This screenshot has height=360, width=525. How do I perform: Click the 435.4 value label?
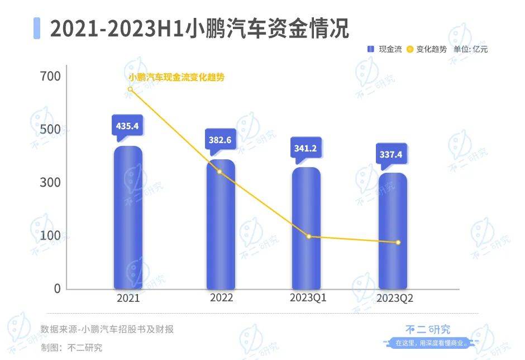click(127, 126)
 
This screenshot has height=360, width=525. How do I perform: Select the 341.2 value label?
click(306, 149)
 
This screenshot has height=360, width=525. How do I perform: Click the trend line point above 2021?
click(130, 89)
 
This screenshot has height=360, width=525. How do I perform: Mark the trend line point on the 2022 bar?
click(219, 172)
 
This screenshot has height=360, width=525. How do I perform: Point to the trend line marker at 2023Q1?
click(308, 236)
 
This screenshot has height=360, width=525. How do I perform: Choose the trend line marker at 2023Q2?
click(398, 242)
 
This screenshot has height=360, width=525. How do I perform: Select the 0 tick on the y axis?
click(57, 288)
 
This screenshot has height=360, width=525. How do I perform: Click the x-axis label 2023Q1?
click(308, 298)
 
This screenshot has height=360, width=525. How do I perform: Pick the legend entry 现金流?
click(384, 49)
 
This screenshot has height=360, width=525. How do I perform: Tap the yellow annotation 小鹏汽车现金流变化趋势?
click(176, 78)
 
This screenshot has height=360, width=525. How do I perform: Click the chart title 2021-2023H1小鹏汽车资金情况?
click(199, 29)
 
